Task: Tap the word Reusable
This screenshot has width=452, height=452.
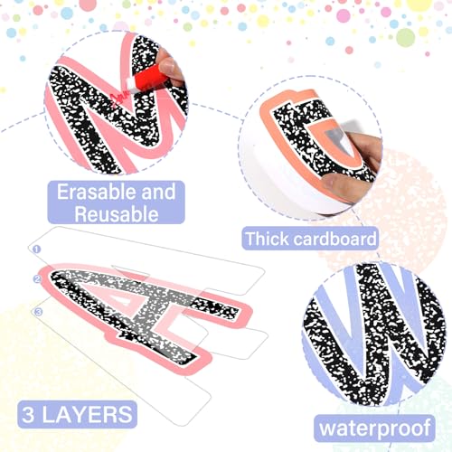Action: click(117, 213)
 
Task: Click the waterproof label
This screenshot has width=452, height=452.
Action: click(374, 428)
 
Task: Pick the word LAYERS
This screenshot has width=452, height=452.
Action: click(87, 414)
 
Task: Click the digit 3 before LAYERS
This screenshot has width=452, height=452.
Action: click(28, 414)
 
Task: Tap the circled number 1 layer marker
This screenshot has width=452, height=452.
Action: click(37, 250)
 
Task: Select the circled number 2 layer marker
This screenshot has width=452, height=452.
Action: click(37, 279)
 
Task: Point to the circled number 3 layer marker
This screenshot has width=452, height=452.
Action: click(38, 312)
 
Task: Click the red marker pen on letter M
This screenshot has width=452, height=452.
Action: click(146, 79)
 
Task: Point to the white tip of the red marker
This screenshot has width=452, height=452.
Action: click(131, 83)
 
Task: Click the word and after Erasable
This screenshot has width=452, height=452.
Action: click(158, 192)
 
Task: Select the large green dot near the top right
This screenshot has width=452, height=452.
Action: click(406, 38)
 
